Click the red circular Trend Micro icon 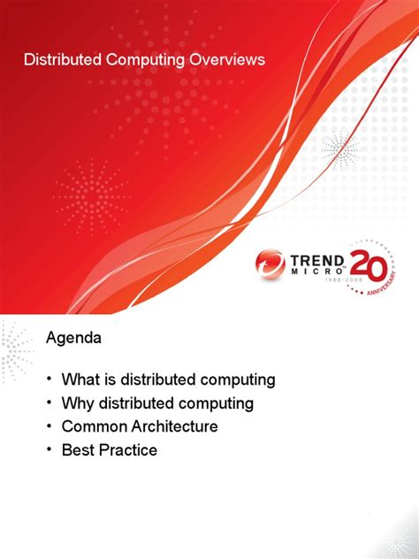pyautogui.click(x=270, y=264)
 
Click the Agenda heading pyautogui.click(x=73, y=339)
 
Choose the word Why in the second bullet pyautogui.click(x=78, y=403)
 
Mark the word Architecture pyautogui.click(x=174, y=426)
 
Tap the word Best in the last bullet pyautogui.click(x=78, y=450)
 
